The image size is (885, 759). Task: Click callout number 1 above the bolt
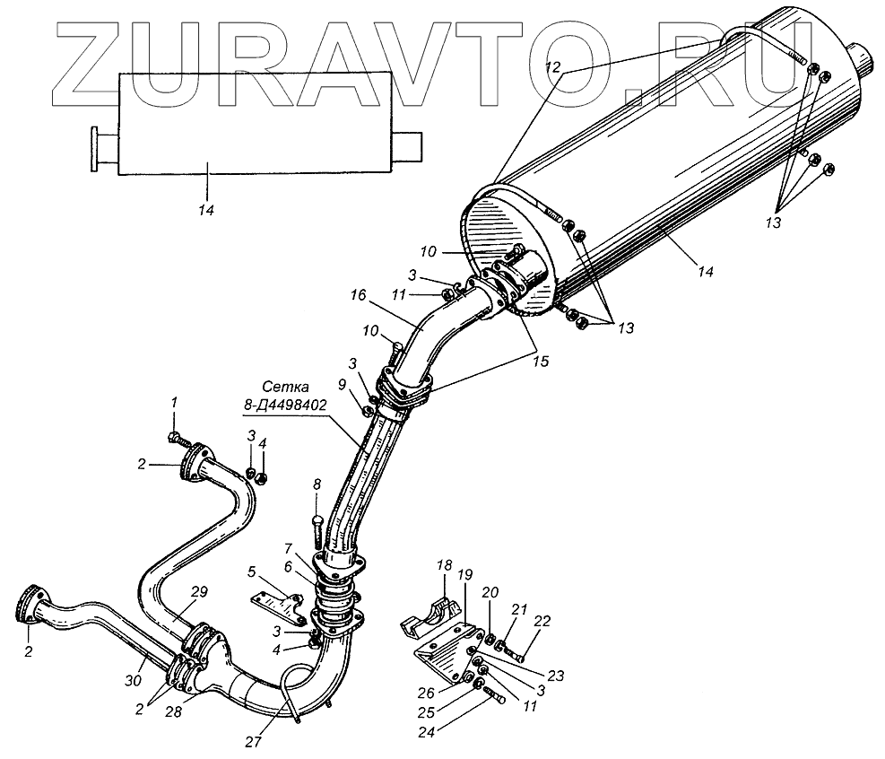[x=176, y=403]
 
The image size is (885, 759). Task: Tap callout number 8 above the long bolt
[x=316, y=484]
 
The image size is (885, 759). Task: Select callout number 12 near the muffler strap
[x=553, y=66]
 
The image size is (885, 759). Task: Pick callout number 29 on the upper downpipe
[x=199, y=591]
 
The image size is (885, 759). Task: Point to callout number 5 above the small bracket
[x=253, y=570]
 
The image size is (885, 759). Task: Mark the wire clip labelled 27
[x=292, y=691]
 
